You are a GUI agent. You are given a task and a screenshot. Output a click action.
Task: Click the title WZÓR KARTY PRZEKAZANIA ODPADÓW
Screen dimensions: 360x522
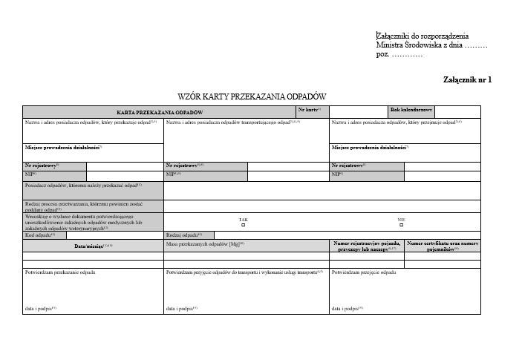pyautogui.click(x=251, y=96)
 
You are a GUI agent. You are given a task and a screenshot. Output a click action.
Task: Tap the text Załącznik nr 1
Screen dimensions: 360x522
pyautogui.click(x=467, y=79)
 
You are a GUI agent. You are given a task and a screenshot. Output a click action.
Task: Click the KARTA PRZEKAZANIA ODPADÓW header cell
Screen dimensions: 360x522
pyautogui.click(x=159, y=112)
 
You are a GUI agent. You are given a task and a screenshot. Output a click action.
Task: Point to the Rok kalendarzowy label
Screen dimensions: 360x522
pyautogui.click(x=411, y=110)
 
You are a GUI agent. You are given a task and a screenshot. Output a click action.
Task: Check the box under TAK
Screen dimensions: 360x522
pyautogui.click(x=243, y=225)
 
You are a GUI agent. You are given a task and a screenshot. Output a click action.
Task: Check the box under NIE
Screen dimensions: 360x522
pyautogui.click(x=401, y=225)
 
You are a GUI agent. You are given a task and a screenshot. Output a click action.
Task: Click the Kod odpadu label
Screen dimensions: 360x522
pyautogui.click(x=41, y=235)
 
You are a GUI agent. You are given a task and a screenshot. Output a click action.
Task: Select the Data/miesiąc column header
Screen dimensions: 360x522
pyautogui.click(x=93, y=245)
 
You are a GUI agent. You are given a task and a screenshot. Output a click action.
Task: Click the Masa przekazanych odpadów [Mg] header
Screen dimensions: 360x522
pyautogui.click(x=205, y=243)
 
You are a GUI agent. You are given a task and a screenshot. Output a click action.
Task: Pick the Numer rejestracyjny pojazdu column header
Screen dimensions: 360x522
pyautogui.click(x=367, y=246)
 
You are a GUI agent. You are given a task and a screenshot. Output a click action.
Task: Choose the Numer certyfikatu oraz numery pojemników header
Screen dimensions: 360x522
pyautogui.click(x=443, y=246)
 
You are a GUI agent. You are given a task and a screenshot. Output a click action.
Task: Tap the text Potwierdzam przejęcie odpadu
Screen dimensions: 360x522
pyautogui.click(x=363, y=272)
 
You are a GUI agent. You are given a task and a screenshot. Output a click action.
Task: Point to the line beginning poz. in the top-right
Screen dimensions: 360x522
pyautogui.click(x=399, y=55)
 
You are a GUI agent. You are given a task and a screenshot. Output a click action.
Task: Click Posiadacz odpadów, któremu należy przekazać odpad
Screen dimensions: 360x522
pyautogui.click(x=82, y=186)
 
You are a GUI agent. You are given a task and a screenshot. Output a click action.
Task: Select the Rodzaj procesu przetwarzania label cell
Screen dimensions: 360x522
pyautogui.click(x=93, y=206)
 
